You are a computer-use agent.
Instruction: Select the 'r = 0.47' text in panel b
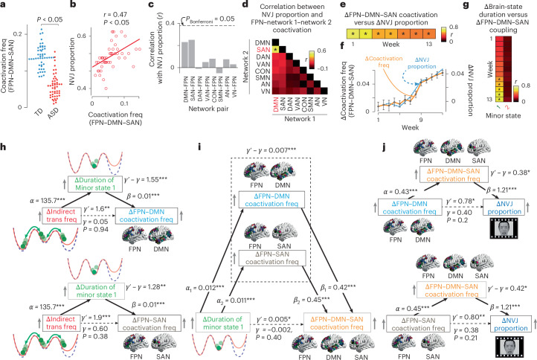coord(113,12)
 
